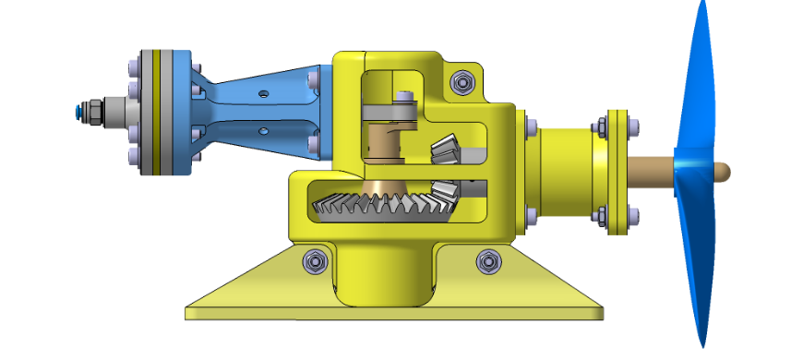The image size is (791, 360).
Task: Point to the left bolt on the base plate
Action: (313, 262)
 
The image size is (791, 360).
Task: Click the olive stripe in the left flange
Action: (156, 111)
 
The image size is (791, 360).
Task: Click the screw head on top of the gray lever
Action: (403, 97)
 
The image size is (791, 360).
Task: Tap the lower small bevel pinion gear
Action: (446, 193)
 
